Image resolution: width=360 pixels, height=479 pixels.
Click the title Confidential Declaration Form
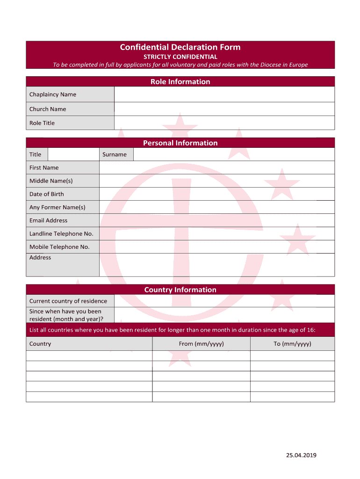click(x=180, y=47)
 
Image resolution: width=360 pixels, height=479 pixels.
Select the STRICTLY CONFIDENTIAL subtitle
click(x=180, y=57)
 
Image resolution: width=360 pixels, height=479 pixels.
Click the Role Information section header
click(x=180, y=82)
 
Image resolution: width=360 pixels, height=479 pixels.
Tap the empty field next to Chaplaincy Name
click(x=224, y=94)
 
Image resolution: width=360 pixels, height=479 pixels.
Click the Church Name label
click(x=48, y=109)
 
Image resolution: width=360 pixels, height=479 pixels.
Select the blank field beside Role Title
click(x=224, y=123)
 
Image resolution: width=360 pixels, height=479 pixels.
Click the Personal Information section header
click(x=180, y=143)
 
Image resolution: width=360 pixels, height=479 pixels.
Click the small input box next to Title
click(x=73, y=154)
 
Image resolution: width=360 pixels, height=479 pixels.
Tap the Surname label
click(x=115, y=154)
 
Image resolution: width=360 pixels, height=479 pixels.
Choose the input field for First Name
click(x=216, y=167)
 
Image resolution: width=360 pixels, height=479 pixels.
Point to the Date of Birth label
click(x=47, y=194)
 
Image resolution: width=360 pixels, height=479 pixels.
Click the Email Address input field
click(x=216, y=220)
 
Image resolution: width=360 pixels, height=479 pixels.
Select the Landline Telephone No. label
click(x=61, y=233)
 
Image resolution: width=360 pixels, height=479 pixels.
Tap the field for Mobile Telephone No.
click(x=216, y=247)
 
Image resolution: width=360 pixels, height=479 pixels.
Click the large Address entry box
click(x=216, y=265)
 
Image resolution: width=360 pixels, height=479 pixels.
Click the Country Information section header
click(x=180, y=290)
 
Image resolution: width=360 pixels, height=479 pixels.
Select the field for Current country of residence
click(x=224, y=301)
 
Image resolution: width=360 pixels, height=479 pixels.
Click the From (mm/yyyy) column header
click(x=201, y=344)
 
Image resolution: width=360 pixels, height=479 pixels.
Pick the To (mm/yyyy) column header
click(x=292, y=344)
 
